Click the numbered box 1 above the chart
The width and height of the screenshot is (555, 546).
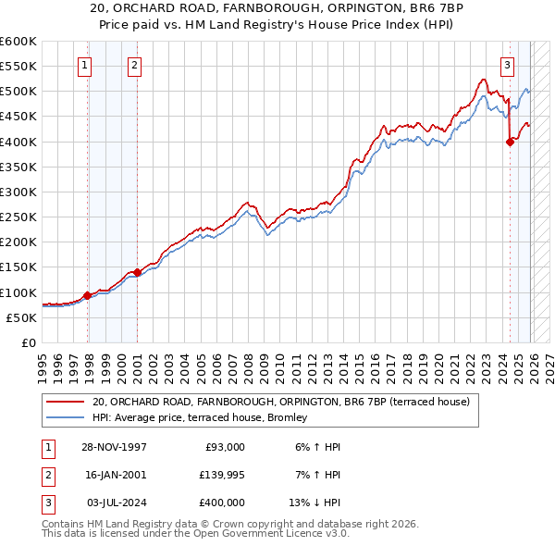pos(84,65)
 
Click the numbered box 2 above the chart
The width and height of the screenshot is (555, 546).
pos(134,65)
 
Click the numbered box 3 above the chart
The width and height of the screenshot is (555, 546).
pos(508,65)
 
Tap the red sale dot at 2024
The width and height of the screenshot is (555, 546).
pos(510,142)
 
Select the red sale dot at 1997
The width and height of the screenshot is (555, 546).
pos(88,296)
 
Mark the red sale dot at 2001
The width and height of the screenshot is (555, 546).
pos(137,272)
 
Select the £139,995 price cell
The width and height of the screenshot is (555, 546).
pos(222,474)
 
